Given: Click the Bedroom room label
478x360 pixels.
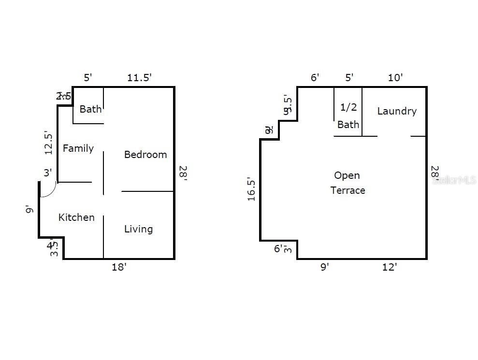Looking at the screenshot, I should pyautogui.click(x=145, y=155).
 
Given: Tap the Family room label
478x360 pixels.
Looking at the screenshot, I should pyautogui.click(x=78, y=148).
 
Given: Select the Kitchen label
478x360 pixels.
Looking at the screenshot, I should pyautogui.click(x=76, y=217).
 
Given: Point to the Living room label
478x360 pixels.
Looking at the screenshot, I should pyautogui.click(x=138, y=229).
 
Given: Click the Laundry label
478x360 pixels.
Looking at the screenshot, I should pyautogui.click(x=397, y=111).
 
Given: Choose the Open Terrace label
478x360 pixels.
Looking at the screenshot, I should pyautogui.click(x=348, y=183).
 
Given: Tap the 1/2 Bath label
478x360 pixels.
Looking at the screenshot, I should pyautogui.click(x=348, y=116).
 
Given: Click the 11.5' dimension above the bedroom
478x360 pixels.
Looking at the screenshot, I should pyautogui.click(x=140, y=78).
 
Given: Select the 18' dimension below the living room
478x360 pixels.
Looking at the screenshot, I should pyautogui.click(x=119, y=267).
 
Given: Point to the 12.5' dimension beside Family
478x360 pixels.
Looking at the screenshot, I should pyautogui.click(x=49, y=143).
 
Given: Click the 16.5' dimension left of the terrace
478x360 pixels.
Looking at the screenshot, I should pyautogui.click(x=251, y=189).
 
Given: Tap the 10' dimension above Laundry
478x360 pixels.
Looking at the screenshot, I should pyautogui.click(x=395, y=77).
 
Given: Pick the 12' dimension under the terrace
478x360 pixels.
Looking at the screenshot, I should pyautogui.click(x=390, y=267).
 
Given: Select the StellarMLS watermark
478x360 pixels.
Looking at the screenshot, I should pyautogui.click(x=454, y=180).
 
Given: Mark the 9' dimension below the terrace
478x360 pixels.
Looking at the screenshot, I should pyautogui.click(x=324, y=267).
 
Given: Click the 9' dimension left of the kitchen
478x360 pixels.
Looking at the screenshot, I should pyautogui.click(x=29, y=209).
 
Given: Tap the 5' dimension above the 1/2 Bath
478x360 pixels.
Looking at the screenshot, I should pyautogui.click(x=349, y=77).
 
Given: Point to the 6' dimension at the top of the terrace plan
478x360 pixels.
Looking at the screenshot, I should pyautogui.click(x=315, y=77).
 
